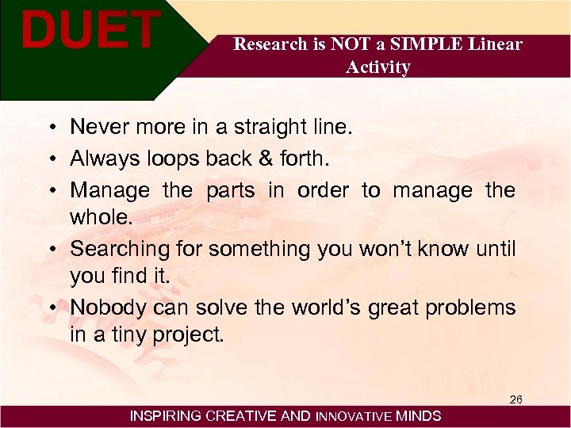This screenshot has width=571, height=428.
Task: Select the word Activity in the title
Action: pyautogui.click(x=378, y=67)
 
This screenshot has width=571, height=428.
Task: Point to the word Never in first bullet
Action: pyautogui.click(x=96, y=127)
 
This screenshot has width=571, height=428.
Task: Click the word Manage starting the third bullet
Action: pyautogui.click(x=109, y=190)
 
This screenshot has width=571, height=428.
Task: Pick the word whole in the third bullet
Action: pyautogui.click(x=101, y=218)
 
